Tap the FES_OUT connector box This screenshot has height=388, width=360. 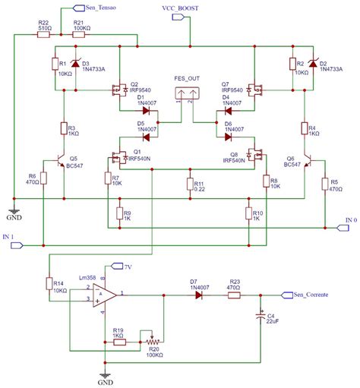[186, 94]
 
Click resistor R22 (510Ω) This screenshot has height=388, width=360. [44, 34]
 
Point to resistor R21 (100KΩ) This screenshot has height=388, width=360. [78, 34]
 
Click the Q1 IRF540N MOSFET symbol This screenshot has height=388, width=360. [118, 159]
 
